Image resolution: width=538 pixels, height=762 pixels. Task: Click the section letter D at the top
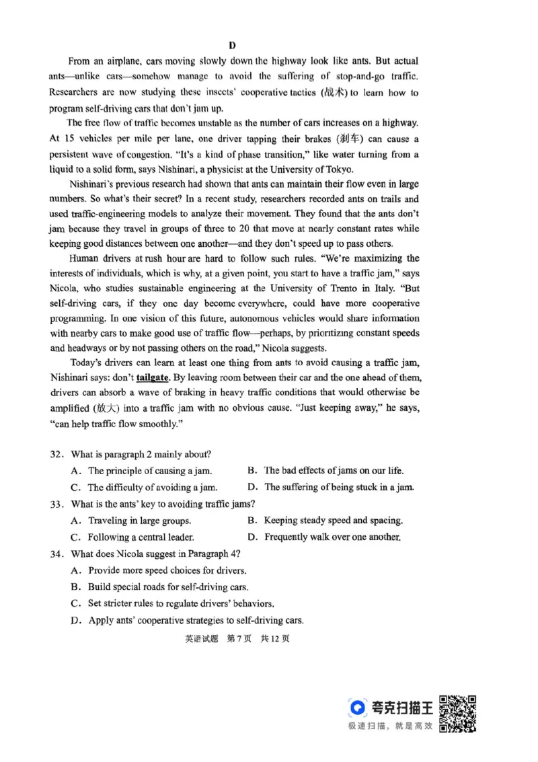click(x=232, y=46)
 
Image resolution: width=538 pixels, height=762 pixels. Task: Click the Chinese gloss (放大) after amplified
click(x=111, y=408)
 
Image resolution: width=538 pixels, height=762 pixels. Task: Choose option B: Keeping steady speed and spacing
click(x=325, y=521)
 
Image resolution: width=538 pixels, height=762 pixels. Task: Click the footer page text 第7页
click(x=239, y=639)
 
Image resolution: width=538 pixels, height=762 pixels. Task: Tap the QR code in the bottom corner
click(x=458, y=714)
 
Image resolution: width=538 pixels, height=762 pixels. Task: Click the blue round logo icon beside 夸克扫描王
click(x=357, y=707)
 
